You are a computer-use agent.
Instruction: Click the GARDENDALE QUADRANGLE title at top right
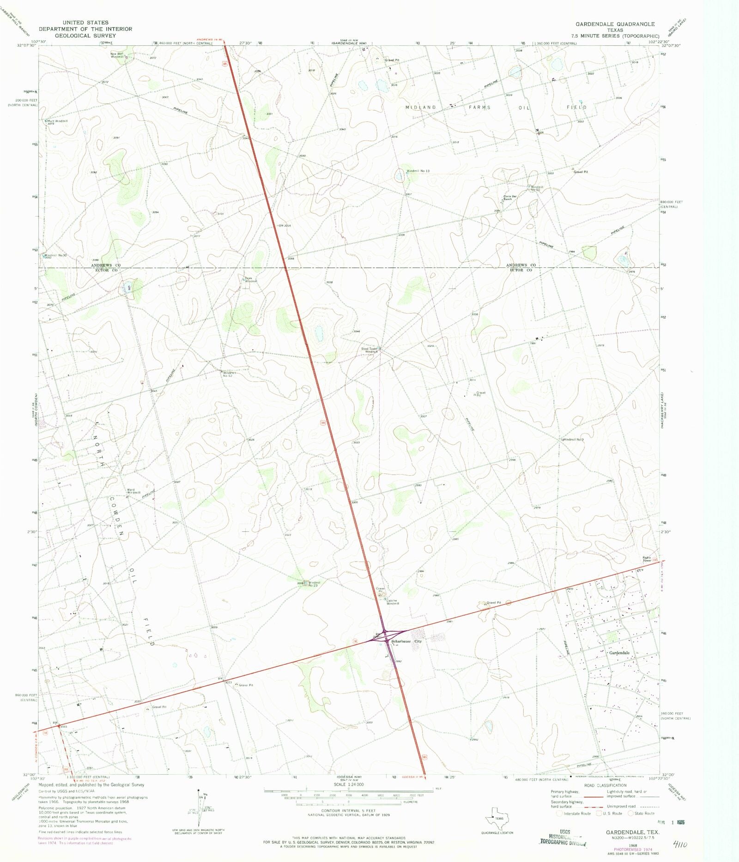pyautogui.click(x=615, y=24)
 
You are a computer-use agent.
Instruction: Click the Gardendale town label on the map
pyautogui.click(x=619, y=653)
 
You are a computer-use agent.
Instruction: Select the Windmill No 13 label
pyautogui.click(x=418, y=171)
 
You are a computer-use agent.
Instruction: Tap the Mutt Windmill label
pyautogui.click(x=57, y=121)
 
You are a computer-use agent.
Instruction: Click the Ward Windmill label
pyautogui.click(x=133, y=491)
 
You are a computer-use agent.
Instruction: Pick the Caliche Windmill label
pyautogui.click(x=392, y=602)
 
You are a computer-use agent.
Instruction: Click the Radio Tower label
pyautogui.click(x=647, y=559)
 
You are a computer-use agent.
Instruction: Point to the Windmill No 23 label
pyautogui.click(x=314, y=584)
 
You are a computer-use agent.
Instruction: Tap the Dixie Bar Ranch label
pyautogui.click(x=510, y=198)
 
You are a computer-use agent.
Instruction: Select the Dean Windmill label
pyautogui.click(x=250, y=279)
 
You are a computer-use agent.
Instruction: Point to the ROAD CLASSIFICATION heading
pyautogui.click(x=606, y=785)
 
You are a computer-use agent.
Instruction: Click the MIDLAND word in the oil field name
pyautogui.click(x=421, y=107)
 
